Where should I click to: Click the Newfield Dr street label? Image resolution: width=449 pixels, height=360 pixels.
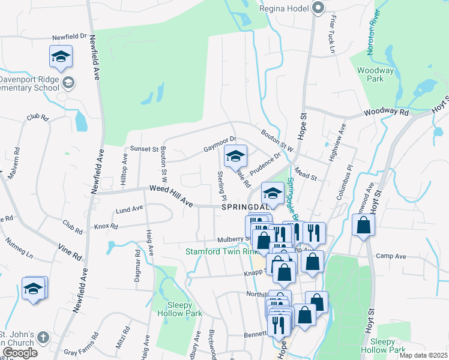click(x=74, y=37)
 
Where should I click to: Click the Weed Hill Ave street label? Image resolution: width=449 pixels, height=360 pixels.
click(x=171, y=197)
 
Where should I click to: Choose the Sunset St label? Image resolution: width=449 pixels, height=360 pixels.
click(x=144, y=148)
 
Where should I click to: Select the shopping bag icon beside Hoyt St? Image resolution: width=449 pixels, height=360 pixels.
click(x=363, y=226)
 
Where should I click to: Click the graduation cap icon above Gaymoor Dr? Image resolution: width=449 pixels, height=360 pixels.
click(x=236, y=157)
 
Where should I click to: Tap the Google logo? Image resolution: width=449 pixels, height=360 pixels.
click(x=19, y=353)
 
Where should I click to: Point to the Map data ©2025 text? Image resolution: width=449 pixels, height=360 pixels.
click(x=423, y=355)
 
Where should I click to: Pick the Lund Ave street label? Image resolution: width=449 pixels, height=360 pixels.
click(x=130, y=209)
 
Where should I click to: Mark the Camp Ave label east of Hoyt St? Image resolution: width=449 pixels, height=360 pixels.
click(x=391, y=256)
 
